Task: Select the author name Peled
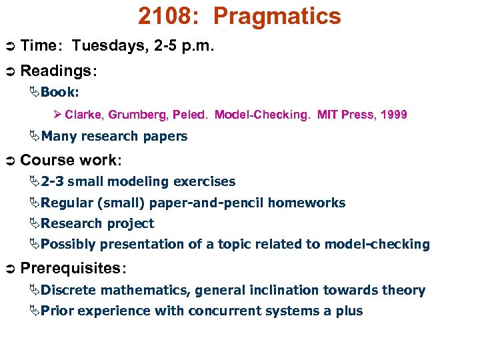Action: tap(189, 115)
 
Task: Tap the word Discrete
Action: tap(68, 290)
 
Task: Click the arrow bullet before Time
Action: tap(9, 46)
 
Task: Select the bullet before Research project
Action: tap(34, 223)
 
